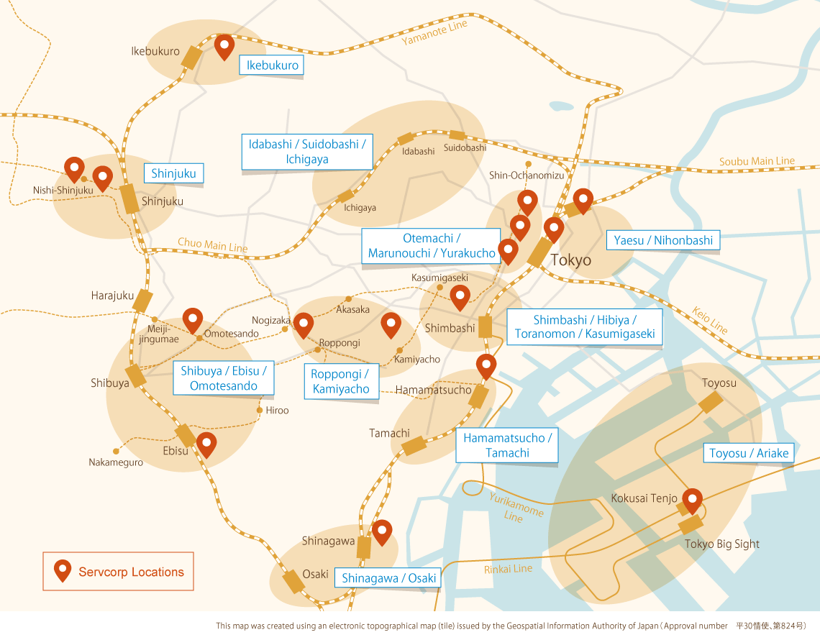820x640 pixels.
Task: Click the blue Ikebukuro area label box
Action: (x=272, y=65)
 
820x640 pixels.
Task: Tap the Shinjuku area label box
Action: (x=173, y=173)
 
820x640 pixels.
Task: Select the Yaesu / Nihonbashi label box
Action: (x=663, y=240)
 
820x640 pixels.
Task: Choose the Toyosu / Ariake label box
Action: (x=750, y=453)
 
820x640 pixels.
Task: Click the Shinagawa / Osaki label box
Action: (x=388, y=578)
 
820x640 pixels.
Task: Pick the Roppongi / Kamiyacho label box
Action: (x=340, y=382)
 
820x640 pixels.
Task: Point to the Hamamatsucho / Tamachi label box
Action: (x=507, y=445)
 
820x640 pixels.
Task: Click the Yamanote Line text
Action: (x=434, y=33)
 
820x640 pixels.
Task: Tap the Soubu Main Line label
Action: (x=757, y=162)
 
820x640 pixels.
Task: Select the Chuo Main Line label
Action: (x=212, y=245)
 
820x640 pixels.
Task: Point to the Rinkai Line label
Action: (x=509, y=569)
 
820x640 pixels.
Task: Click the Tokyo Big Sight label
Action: (x=721, y=544)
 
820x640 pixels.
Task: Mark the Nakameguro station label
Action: (x=116, y=462)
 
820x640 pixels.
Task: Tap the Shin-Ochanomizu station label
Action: (x=527, y=175)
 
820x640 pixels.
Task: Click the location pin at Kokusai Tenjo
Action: (x=692, y=500)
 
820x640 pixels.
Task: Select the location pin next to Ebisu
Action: (x=206, y=444)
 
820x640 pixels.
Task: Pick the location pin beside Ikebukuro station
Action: (x=224, y=47)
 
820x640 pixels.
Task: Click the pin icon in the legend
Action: (x=63, y=570)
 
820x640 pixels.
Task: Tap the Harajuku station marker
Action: (x=143, y=301)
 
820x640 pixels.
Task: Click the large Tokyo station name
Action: (x=570, y=260)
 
